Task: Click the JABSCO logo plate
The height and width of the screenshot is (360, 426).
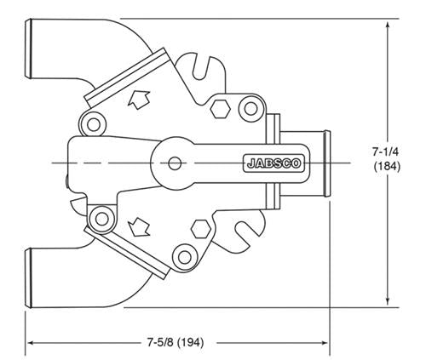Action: tap(274, 163)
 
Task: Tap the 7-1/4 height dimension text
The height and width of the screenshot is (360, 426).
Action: tap(385, 152)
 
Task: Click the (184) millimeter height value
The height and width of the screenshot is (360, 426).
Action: tap(387, 166)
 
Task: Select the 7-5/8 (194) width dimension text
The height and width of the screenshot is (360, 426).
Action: tap(176, 342)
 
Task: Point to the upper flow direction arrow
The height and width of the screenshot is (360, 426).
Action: tap(139, 100)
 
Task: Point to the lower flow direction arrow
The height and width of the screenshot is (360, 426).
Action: tap(139, 227)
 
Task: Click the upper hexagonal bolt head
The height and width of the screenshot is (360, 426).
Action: tap(220, 109)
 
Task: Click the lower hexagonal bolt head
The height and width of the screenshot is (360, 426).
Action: tap(201, 229)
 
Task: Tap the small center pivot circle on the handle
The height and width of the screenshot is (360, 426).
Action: tap(175, 163)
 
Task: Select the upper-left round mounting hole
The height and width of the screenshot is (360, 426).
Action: tap(94, 125)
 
